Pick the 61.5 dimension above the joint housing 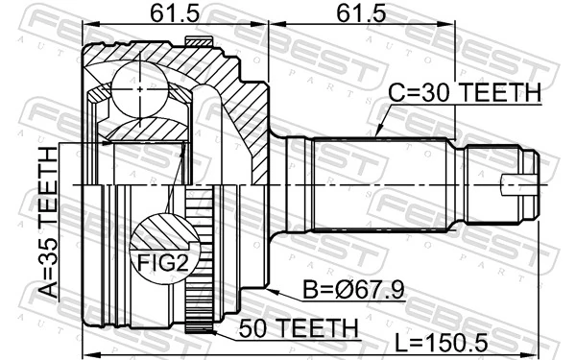[x=176, y=15]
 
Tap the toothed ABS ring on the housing [x=201, y=259]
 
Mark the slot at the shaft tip [x=518, y=180]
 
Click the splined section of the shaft [x=379, y=182]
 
